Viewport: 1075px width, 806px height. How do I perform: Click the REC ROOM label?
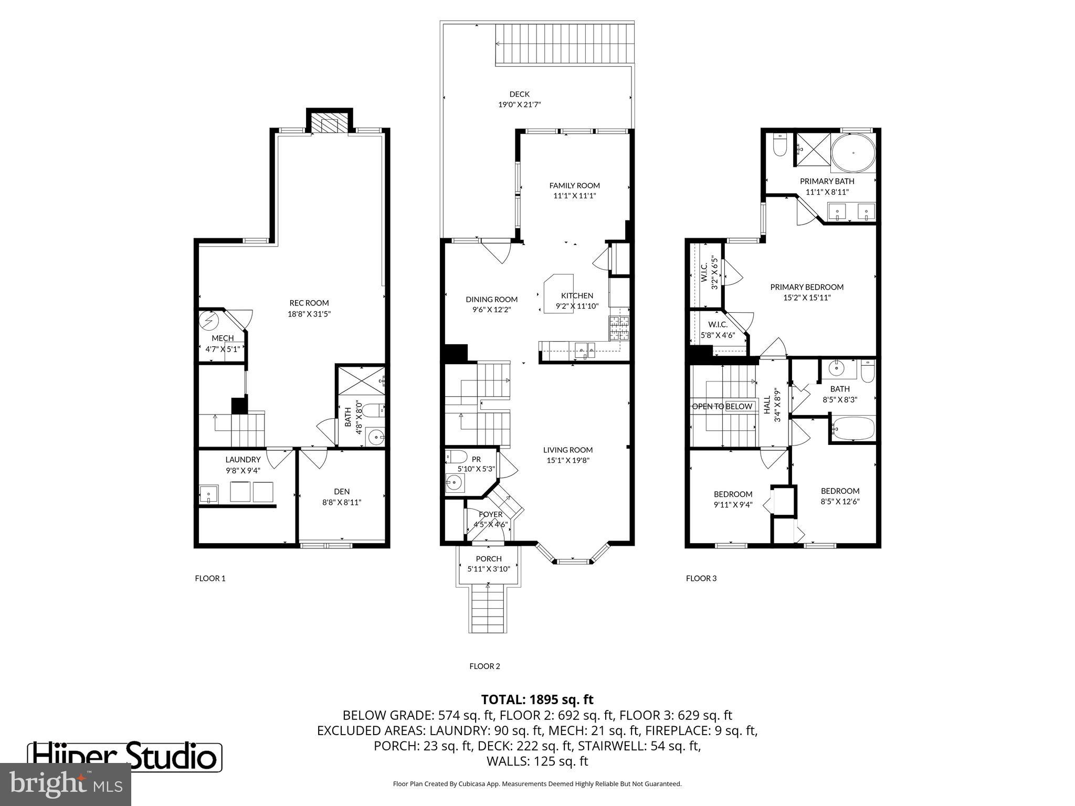click(309, 303)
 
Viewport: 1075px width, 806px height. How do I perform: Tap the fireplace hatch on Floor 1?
click(329, 124)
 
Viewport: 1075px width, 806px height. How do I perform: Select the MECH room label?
click(223, 338)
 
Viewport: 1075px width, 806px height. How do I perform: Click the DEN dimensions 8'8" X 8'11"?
click(342, 502)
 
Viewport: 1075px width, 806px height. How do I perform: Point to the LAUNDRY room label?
click(243, 460)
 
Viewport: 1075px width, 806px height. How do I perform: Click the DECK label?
click(519, 94)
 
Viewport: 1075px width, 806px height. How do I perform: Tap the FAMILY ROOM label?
click(574, 185)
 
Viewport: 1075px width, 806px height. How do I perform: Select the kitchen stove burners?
click(619, 328)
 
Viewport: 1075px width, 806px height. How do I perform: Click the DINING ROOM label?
click(491, 300)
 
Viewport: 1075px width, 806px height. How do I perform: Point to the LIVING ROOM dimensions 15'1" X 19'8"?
click(567, 460)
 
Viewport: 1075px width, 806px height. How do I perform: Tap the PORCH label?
click(489, 559)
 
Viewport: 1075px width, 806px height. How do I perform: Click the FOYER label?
click(490, 514)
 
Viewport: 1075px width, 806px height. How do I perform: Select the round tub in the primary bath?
click(853, 153)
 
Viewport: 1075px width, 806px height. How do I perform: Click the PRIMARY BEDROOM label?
click(807, 287)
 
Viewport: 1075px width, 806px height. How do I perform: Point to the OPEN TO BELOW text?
click(722, 406)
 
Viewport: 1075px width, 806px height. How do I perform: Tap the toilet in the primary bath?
click(780, 146)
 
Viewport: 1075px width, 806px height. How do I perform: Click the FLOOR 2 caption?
click(484, 666)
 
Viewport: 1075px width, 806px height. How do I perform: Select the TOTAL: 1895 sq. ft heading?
click(537, 699)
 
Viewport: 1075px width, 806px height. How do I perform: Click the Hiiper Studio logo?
click(124, 756)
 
